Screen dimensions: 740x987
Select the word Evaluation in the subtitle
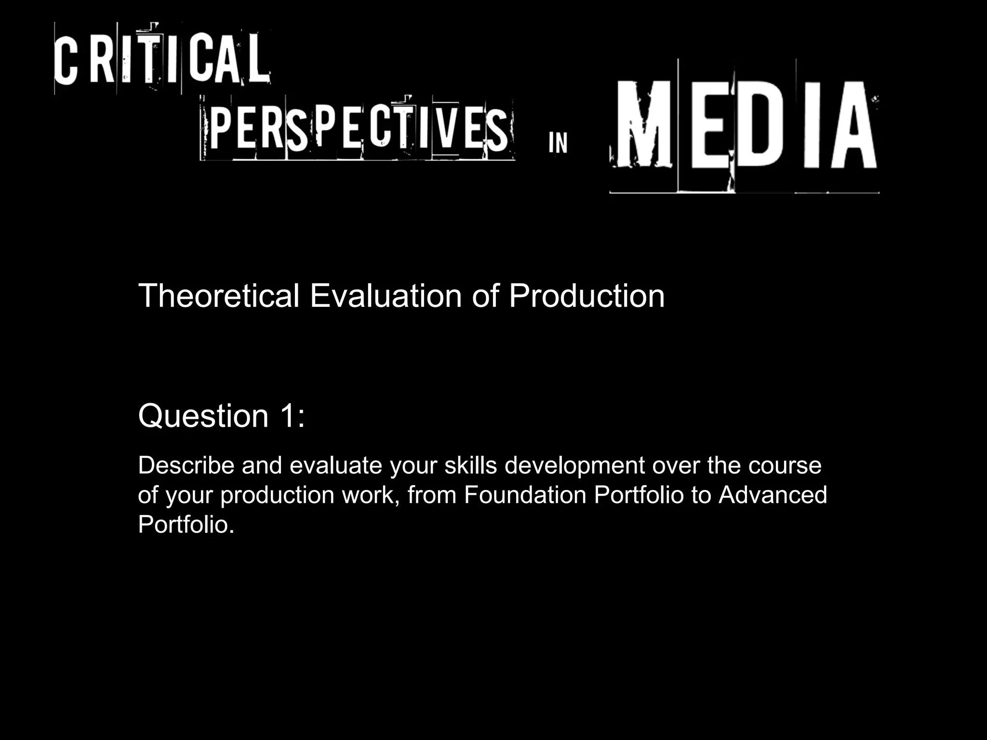tap(386, 296)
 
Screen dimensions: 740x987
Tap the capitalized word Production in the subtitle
tap(587, 296)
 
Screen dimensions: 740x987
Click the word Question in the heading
tap(203, 416)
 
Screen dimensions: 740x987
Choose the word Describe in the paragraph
tap(186, 465)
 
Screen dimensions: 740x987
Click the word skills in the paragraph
tap(470, 465)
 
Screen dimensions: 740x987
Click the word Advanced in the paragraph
tap(773, 495)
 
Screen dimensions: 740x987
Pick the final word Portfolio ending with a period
tap(186, 524)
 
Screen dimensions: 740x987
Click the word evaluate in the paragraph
tap(335, 465)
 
